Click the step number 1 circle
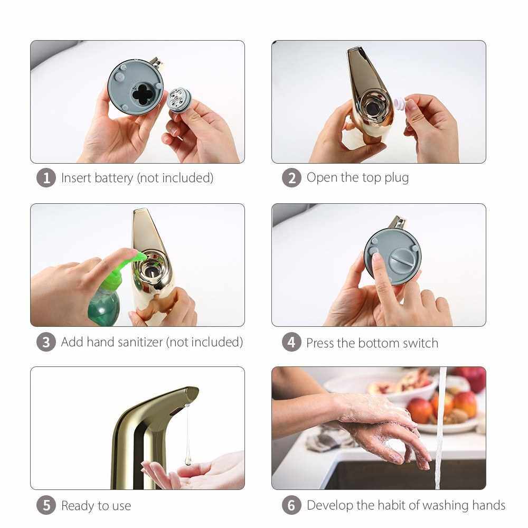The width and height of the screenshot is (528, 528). (46, 178)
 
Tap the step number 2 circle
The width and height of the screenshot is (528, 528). (291, 178)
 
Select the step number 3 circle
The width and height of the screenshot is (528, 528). (46, 342)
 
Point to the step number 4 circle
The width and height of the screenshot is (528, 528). (291, 342)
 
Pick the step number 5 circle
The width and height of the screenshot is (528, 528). (46, 505)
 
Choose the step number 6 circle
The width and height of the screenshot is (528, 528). (291, 505)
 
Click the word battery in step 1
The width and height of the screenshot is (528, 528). (114, 178)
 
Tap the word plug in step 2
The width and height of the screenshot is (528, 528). (397, 178)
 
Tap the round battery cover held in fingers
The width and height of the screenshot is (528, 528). (179, 100)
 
